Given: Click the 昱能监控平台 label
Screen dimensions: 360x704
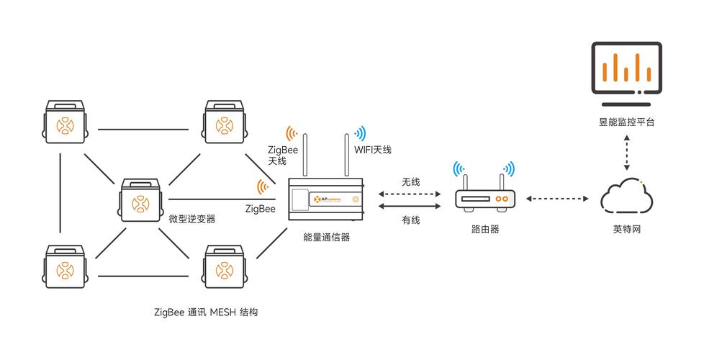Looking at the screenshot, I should pyautogui.click(x=626, y=122).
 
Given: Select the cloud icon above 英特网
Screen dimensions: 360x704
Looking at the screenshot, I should pyautogui.click(x=626, y=195).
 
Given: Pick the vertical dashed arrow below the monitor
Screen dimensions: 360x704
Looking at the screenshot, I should pyautogui.click(x=626, y=153).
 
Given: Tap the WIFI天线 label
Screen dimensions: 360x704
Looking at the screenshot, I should pyautogui.click(x=373, y=149).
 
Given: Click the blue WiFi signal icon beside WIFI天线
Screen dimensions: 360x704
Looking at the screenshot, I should pyautogui.click(x=358, y=133).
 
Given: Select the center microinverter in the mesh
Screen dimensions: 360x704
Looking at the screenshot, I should pyautogui.click(x=139, y=201).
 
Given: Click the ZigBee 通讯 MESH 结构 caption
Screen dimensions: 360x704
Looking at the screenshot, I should pyautogui.click(x=206, y=312).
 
